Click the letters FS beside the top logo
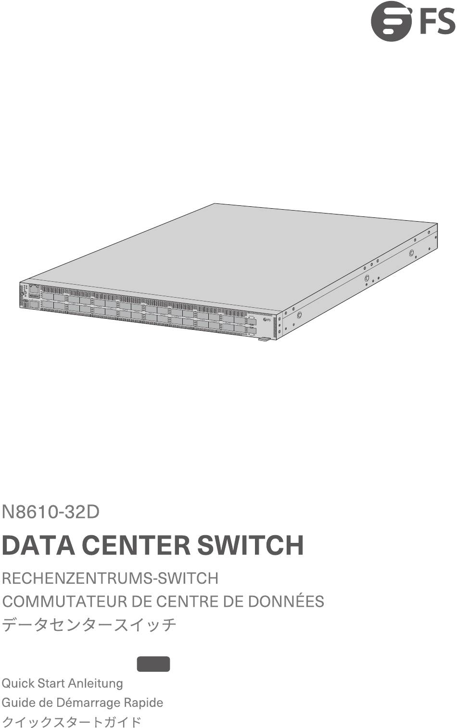click(x=437, y=22)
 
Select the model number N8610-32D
click(x=51, y=512)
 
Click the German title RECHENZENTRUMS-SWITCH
click(x=110, y=578)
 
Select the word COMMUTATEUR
click(x=64, y=601)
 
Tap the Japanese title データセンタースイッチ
click(x=89, y=624)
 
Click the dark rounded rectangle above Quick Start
click(x=153, y=664)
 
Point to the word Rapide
click(x=144, y=703)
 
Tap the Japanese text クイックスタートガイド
click(x=71, y=722)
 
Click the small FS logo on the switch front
click(x=267, y=320)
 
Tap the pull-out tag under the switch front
click(x=264, y=339)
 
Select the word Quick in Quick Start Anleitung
click(x=18, y=683)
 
